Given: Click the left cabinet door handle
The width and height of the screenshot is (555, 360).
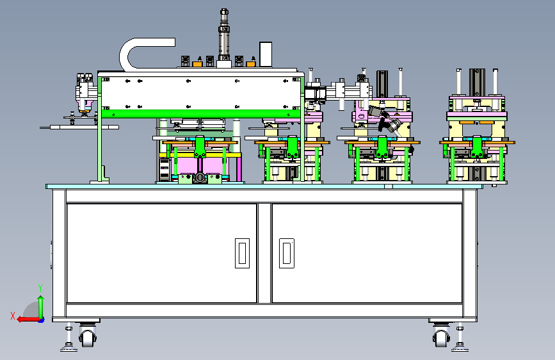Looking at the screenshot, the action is [242, 253].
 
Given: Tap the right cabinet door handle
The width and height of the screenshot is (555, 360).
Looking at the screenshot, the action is [287, 253].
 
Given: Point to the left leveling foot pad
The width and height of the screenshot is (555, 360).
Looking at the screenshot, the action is [68, 349].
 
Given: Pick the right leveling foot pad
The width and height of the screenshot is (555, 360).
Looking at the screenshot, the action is [460, 349].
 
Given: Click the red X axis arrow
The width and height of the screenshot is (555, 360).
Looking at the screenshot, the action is [28, 319].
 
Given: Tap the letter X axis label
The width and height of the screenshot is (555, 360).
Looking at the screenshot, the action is [13, 316].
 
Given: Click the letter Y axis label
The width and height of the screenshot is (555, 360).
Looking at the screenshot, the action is [40, 288].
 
